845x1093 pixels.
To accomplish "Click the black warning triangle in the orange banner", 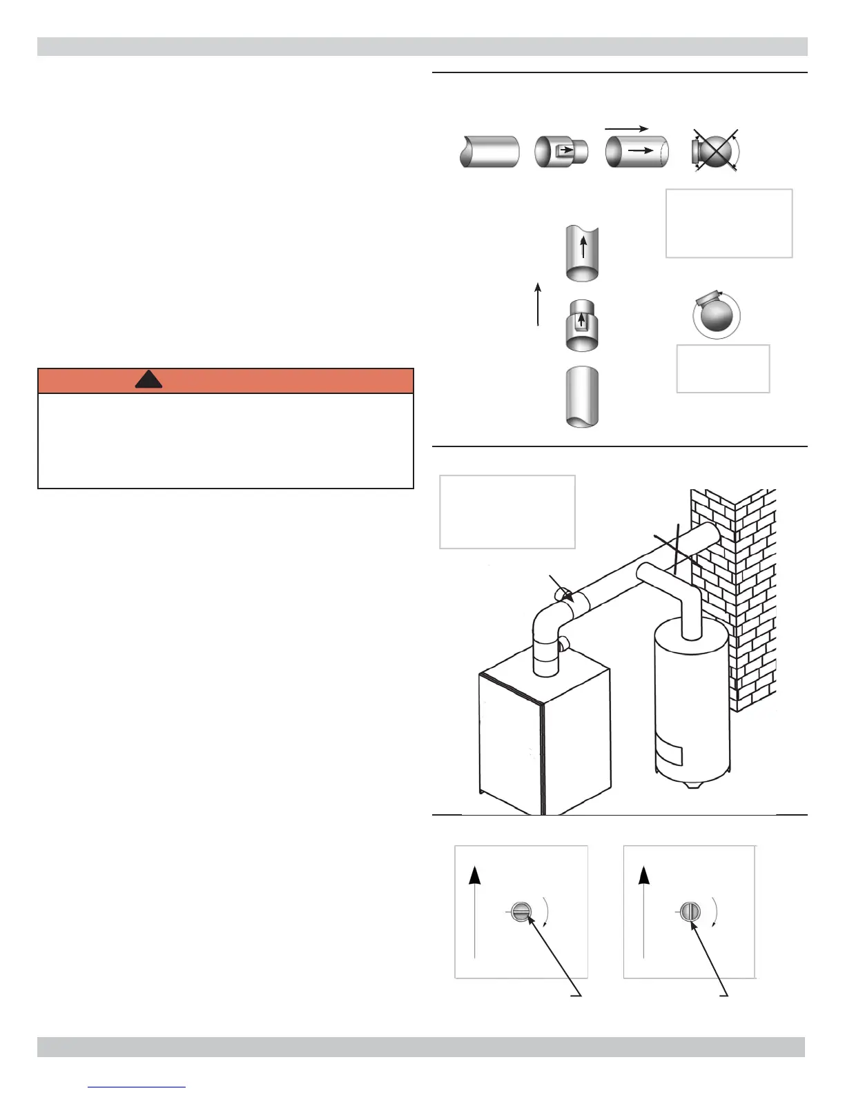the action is (148, 380).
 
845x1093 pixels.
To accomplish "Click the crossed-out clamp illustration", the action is (716, 150).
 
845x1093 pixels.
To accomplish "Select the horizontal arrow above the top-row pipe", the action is (626, 128).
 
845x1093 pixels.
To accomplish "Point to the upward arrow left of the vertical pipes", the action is (538, 303).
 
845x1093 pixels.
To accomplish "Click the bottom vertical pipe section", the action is (582, 397).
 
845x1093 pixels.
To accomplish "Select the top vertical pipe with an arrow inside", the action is (582, 252).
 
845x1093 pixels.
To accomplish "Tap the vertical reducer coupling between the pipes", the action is (582, 325).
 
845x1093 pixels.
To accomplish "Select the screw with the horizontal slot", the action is (522, 912).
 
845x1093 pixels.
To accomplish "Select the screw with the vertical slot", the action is (690, 912).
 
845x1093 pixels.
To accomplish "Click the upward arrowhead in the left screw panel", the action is (475, 876).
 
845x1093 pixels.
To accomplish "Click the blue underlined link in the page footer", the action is (137, 1087).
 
